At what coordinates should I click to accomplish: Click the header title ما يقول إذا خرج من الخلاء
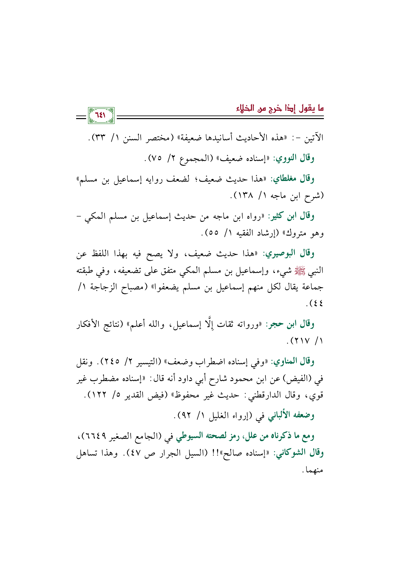[280, 108]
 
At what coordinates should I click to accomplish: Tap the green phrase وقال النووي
[294, 158]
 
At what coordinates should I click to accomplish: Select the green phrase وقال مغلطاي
[293, 178]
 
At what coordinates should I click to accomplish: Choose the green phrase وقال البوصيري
[289, 253]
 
